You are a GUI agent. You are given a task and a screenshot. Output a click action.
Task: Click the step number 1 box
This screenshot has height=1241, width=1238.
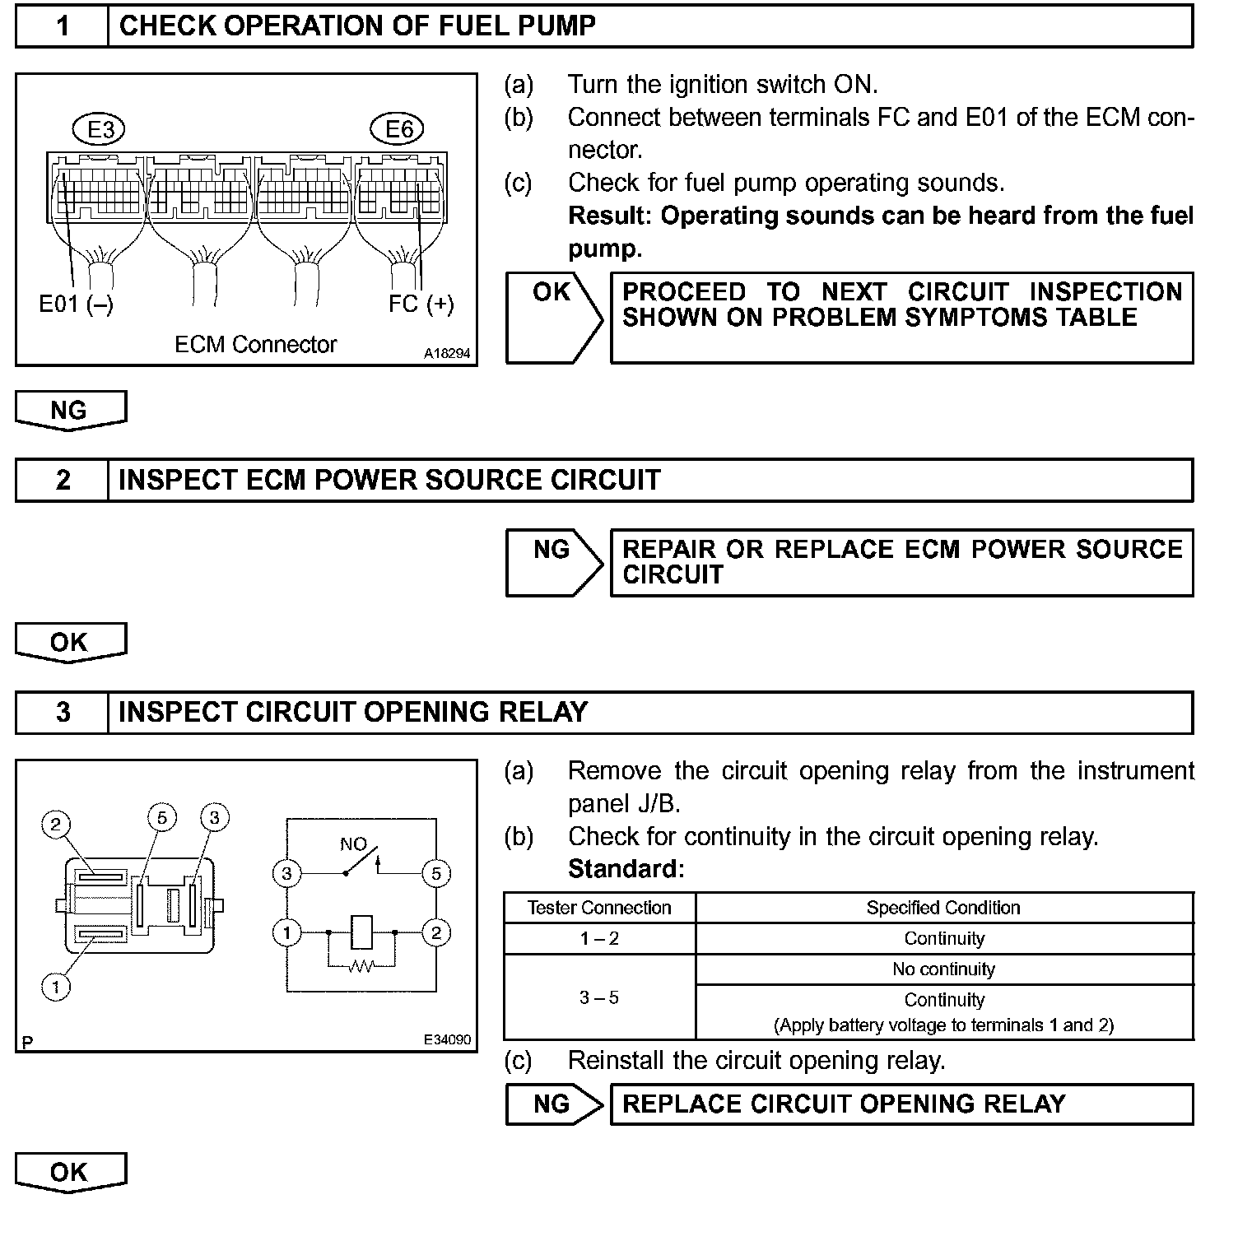coord(62,26)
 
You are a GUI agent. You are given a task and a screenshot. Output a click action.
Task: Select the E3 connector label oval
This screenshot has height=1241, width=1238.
coord(100,129)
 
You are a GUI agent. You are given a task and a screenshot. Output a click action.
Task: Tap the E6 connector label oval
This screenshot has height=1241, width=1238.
coord(399,129)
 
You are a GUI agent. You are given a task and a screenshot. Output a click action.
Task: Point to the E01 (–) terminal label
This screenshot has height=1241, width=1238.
coord(76,304)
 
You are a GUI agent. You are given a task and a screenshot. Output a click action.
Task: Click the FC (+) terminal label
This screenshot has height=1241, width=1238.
coord(421,304)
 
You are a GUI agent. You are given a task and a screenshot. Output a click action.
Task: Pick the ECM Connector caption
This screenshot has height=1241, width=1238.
coord(255,344)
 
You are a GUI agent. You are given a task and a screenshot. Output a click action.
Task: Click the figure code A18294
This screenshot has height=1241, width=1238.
coord(447,354)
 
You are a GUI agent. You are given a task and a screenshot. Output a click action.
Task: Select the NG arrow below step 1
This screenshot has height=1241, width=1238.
coord(70,410)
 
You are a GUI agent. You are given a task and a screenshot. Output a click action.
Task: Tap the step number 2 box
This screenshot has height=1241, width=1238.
coord(62,480)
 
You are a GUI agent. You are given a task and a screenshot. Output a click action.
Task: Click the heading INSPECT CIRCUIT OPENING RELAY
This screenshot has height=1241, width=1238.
coord(353,712)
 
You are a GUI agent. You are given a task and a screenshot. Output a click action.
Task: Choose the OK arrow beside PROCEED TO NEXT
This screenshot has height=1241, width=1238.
coord(553,317)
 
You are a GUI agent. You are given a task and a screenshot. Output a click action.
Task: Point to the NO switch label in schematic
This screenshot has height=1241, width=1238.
coord(353,844)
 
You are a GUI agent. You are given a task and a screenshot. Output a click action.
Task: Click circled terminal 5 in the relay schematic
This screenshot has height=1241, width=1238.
coord(436,873)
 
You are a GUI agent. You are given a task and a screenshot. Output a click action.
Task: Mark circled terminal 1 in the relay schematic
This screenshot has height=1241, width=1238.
coord(286,932)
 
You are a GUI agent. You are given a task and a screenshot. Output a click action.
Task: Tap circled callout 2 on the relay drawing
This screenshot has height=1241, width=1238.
coord(56,824)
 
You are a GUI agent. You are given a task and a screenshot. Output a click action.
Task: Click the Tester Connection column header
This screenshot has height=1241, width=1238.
coord(599,908)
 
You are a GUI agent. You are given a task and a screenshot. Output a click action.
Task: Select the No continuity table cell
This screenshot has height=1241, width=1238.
coord(943,969)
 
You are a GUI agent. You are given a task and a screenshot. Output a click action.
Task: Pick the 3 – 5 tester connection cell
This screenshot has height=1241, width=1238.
coord(599,998)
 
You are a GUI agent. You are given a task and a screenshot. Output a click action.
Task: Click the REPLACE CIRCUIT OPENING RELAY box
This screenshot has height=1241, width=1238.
coord(901,1104)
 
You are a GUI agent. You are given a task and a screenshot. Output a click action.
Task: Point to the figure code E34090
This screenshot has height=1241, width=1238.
coord(447,1040)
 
